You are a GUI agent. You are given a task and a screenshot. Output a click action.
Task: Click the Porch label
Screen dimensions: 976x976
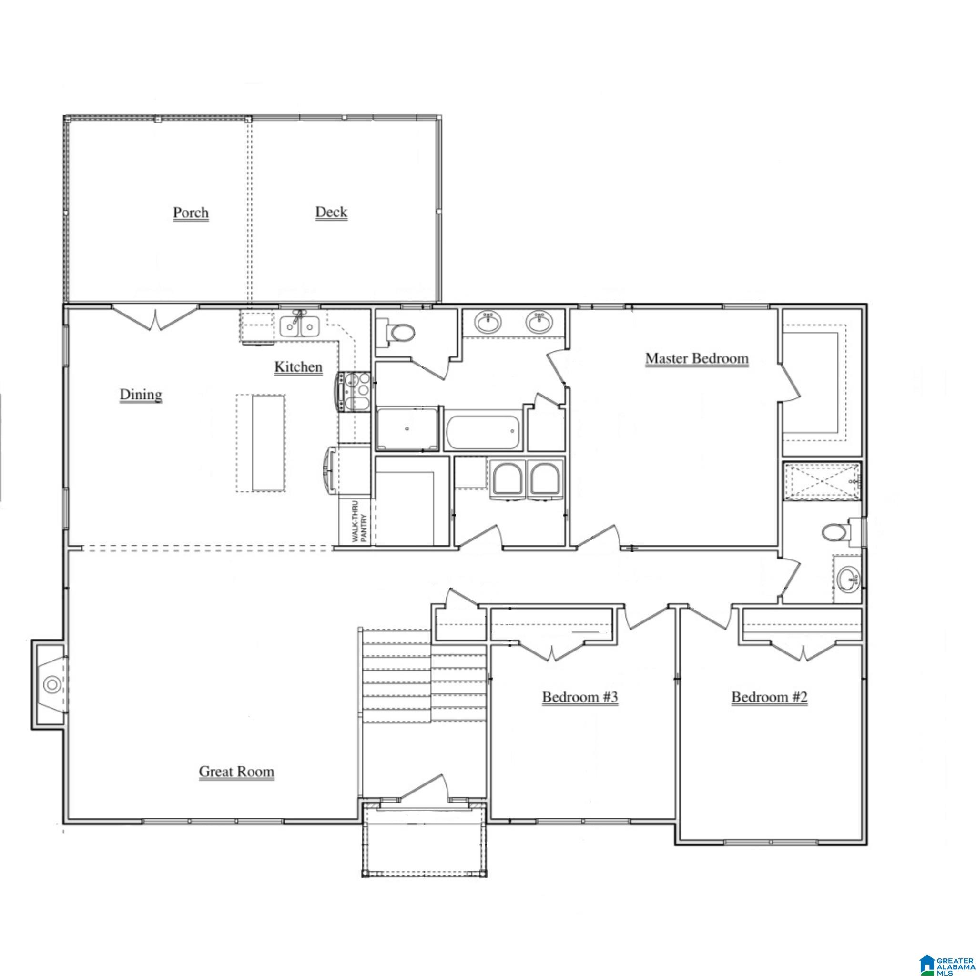pos(191,213)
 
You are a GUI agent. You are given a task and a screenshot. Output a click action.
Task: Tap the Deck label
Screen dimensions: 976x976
pos(331,212)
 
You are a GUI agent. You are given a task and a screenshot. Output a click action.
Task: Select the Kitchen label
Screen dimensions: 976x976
pos(298,367)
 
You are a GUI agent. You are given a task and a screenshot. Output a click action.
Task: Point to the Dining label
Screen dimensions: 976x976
pos(141,395)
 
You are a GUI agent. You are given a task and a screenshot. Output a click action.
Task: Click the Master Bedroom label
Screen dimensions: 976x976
pos(697,358)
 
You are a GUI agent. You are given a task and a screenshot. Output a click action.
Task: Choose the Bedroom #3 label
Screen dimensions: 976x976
pos(580,697)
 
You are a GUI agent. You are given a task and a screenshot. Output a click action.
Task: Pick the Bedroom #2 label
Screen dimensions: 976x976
pos(769,697)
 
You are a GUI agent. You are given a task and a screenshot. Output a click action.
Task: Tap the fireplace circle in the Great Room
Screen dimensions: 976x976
pos(51,685)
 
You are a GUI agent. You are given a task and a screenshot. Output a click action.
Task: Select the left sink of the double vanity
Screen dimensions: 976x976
pos(488,322)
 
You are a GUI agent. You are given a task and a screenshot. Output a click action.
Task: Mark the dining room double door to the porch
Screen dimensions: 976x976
pos(155,318)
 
